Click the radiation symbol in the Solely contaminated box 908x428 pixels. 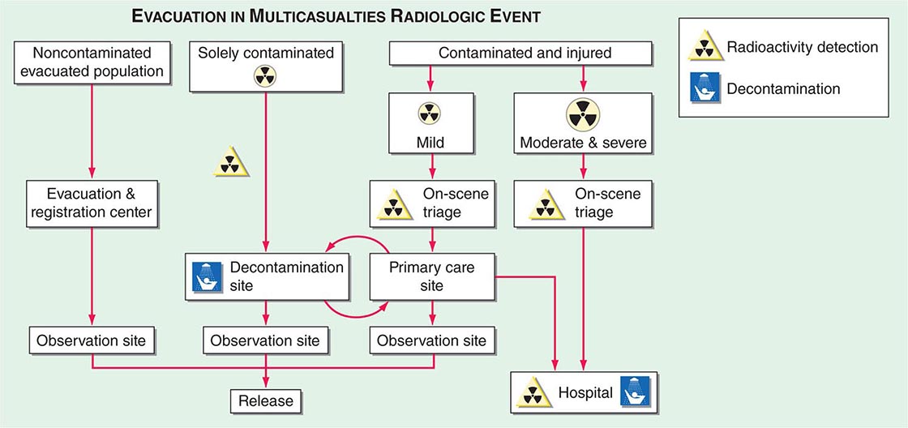(265, 77)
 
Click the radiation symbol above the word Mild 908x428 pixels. (430, 113)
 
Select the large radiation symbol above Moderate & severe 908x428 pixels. (583, 113)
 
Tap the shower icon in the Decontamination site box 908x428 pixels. (206, 275)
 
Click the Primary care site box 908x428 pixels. (431, 276)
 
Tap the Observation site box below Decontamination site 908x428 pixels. (265, 340)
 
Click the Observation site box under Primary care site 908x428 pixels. (431, 340)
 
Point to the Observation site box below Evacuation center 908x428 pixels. (91, 340)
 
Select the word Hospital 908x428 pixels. (584, 394)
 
